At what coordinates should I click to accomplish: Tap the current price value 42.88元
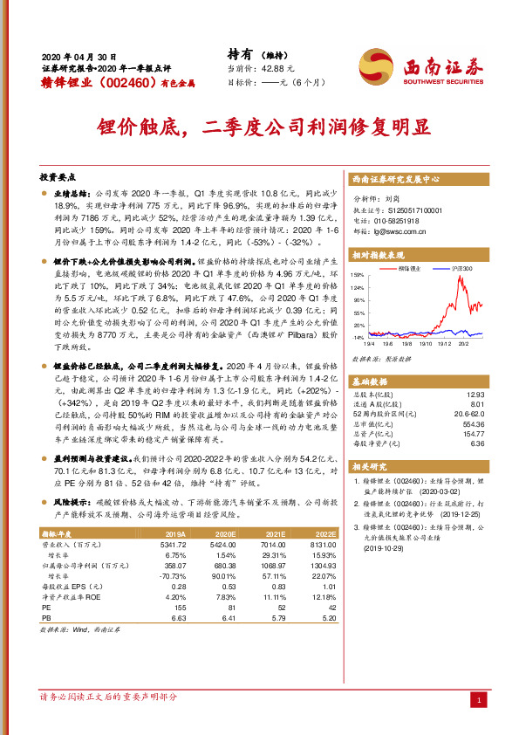277,68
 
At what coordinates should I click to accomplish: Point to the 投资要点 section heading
59,175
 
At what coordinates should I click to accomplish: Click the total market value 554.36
472,423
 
